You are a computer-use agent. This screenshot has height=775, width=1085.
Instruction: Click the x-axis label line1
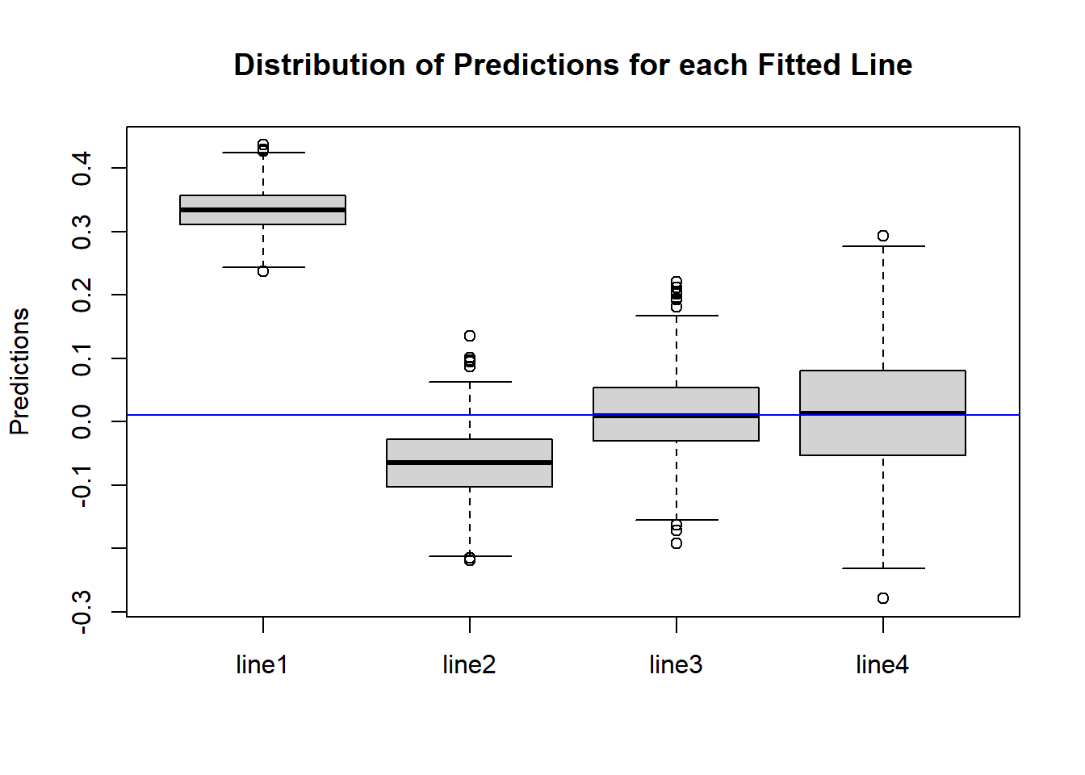tap(262, 664)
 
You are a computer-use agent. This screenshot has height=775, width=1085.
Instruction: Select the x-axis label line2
tap(469, 664)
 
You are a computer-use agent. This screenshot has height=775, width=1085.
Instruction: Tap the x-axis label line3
tap(676, 664)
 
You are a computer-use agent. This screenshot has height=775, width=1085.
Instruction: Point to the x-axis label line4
tap(882, 664)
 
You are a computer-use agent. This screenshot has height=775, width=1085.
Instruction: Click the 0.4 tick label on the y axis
tap(82, 168)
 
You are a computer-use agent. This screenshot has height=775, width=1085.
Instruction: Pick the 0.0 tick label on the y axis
tap(82, 421)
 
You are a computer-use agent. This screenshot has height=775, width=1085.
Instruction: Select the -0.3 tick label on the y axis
tap(82, 612)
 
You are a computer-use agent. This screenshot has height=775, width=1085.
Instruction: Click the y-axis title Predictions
tap(19, 371)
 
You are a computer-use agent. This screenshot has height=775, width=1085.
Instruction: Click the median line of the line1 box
tap(263, 210)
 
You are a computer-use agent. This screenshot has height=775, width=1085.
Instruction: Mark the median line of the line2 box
tap(470, 463)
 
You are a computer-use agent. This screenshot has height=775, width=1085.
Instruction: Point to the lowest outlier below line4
tap(883, 598)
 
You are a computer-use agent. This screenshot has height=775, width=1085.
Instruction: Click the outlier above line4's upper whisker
tap(883, 236)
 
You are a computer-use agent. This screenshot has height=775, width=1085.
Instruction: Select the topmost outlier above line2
tap(470, 336)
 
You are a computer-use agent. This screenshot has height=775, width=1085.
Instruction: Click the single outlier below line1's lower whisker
tap(263, 271)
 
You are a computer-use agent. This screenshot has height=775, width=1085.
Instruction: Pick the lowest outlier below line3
tap(677, 543)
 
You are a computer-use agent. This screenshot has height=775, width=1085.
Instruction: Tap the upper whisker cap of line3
tap(677, 316)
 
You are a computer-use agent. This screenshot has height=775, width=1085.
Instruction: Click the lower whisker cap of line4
tap(883, 568)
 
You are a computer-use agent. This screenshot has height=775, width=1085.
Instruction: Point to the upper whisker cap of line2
tap(470, 382)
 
